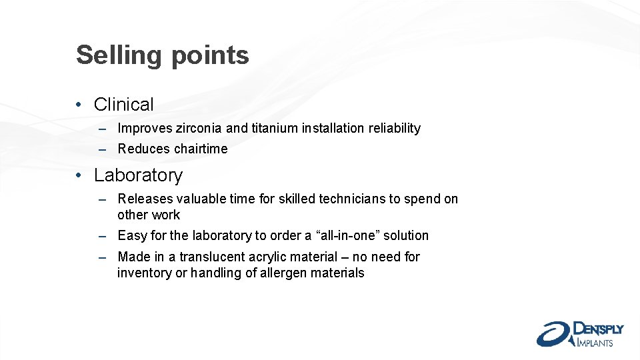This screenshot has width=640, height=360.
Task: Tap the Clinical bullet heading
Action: coord(124,105)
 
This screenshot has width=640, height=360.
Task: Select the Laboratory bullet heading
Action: coord(138,175)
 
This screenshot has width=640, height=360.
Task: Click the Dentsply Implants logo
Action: coord(579,333)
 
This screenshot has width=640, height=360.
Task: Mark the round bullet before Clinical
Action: coord(79,105)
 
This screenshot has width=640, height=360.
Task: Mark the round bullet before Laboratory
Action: coord(79,175)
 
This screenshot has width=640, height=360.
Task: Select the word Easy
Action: coord(131,235)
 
